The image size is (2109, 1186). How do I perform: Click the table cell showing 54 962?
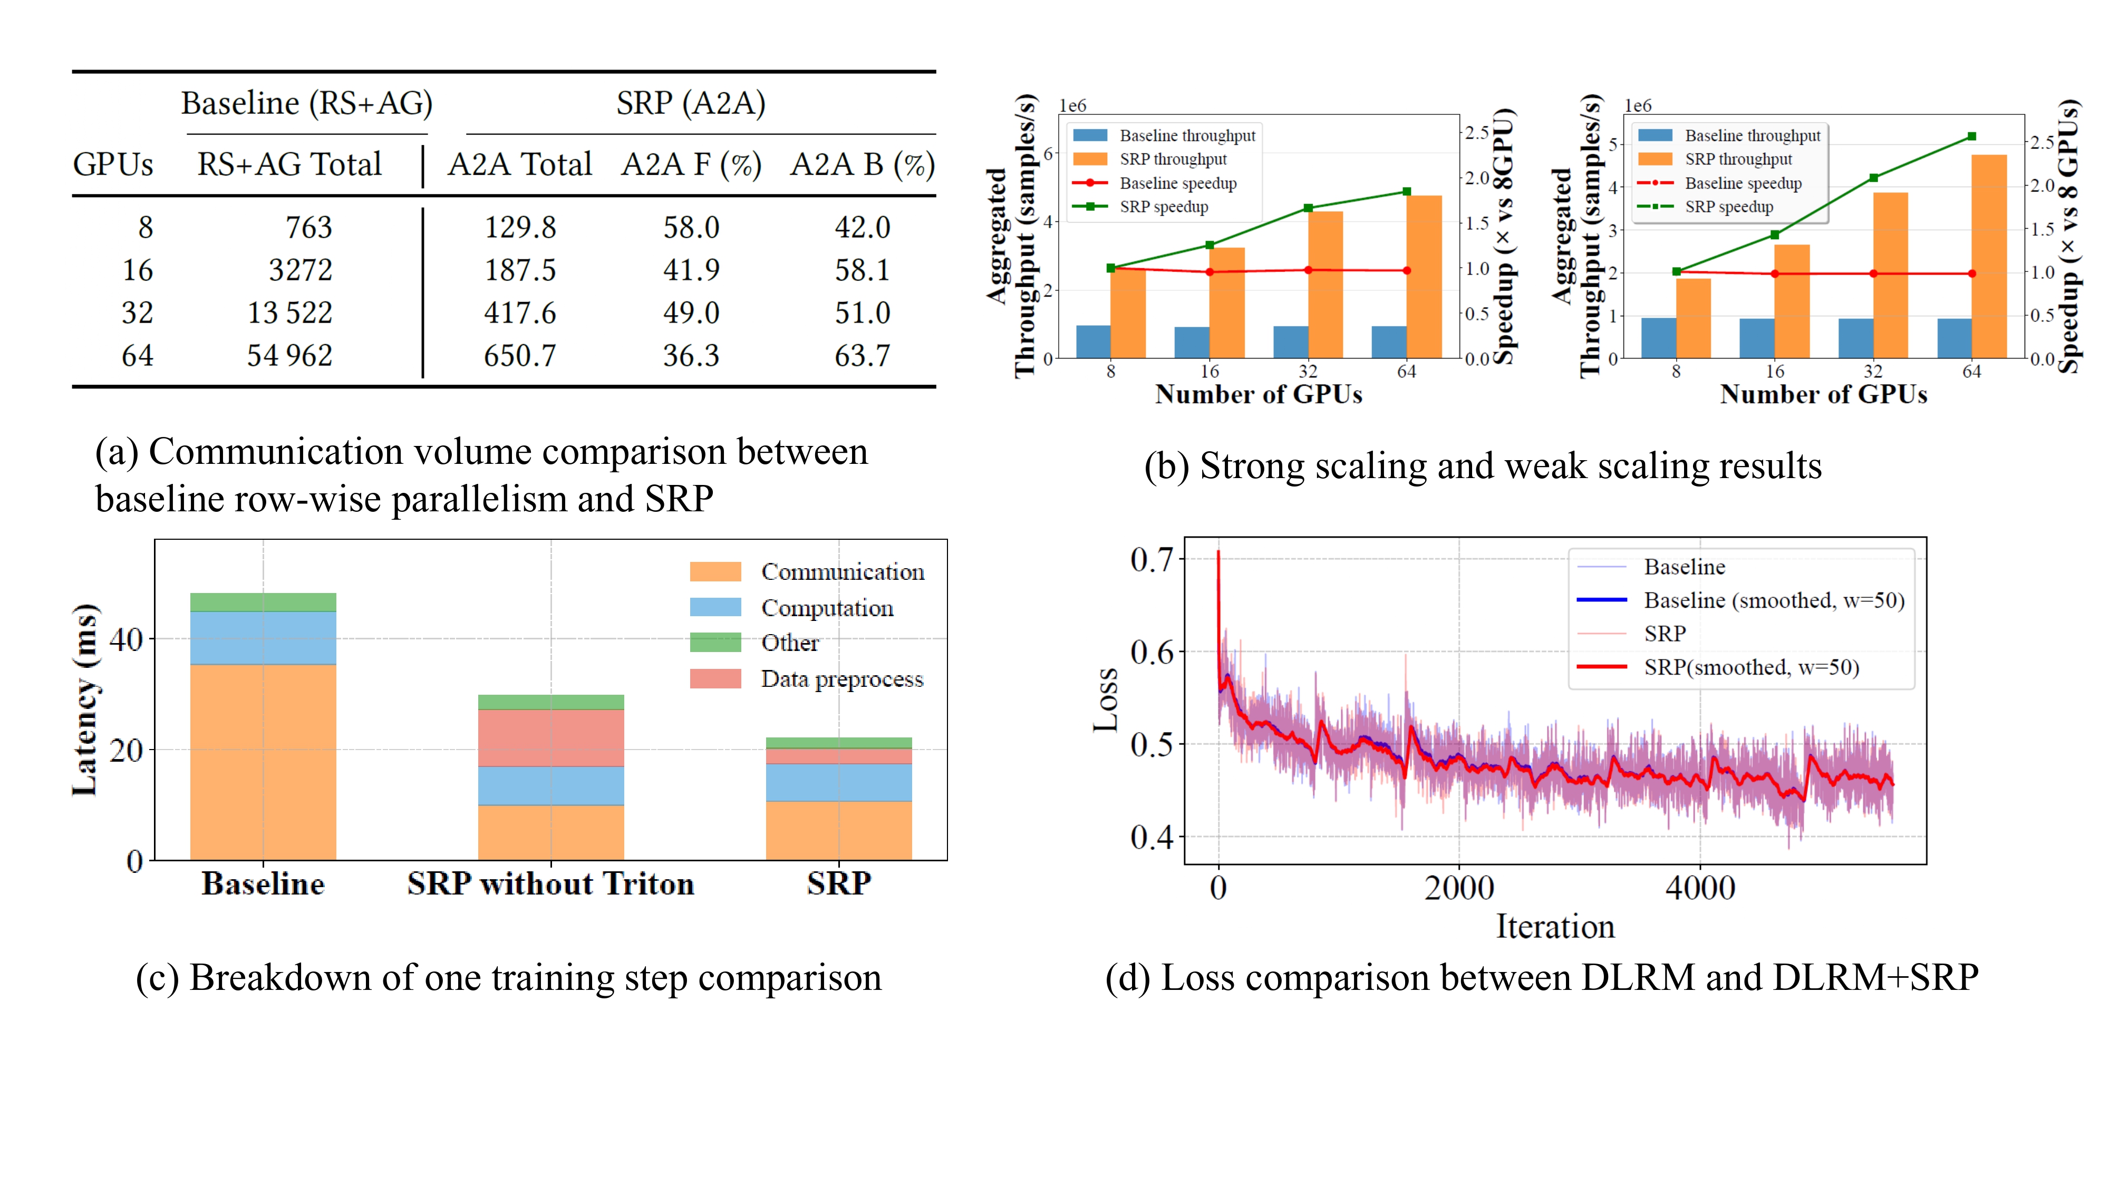[290, 355]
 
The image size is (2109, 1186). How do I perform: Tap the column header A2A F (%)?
[691, 164]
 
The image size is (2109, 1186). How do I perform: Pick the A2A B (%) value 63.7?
[862, 355]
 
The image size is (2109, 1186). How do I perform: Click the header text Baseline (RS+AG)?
[306, 104]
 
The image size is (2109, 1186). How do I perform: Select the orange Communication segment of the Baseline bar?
[263, 761]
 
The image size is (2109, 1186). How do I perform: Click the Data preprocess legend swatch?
[715, 678]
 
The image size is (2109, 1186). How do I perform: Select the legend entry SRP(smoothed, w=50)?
[1750, 667]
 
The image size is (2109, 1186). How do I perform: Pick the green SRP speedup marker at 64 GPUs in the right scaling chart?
[1971, 137]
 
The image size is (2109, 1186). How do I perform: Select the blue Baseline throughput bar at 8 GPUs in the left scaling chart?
[1093, 342]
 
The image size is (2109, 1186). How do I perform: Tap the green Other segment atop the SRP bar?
[838, 742]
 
